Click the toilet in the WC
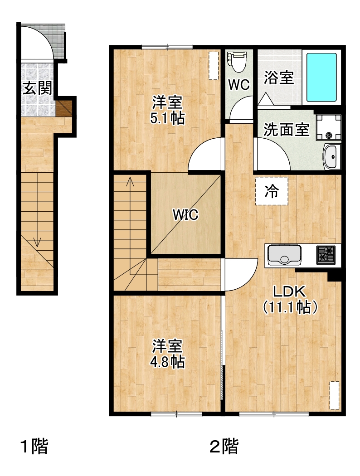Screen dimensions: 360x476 pos(237,62)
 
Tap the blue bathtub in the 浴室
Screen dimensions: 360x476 pos(321,78)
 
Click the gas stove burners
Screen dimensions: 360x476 pos(326,254)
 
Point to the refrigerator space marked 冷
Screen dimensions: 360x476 pos(272,191)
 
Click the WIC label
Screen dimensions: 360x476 pos(185,214)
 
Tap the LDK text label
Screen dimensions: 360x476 pos(289,291)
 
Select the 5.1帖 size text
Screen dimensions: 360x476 pos(168,118)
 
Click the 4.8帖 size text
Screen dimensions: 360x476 pos(168,362)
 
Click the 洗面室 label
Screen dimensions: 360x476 pos(286,130)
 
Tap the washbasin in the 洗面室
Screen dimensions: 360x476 pos(331,156)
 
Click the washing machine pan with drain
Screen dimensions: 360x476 pos(328,127)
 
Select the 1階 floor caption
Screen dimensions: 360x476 pos(34,447)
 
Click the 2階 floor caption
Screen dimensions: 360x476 pos(224,447)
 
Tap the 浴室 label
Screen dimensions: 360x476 pos(278,78)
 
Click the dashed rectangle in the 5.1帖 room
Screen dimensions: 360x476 pos(214,66)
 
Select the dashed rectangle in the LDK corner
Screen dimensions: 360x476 pos(335,395)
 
